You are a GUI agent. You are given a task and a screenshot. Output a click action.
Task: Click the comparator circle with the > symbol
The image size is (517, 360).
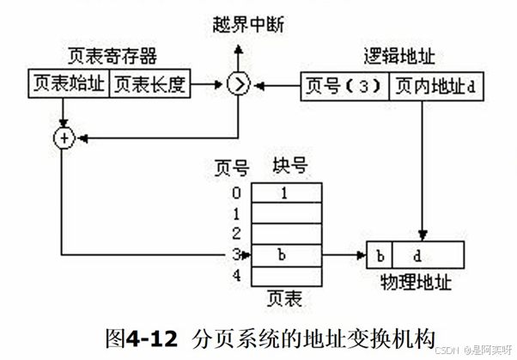pyautogui.click(x=237, y=84)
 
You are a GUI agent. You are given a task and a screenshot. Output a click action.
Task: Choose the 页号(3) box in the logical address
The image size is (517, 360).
pyautogui.click(x=345, y=85)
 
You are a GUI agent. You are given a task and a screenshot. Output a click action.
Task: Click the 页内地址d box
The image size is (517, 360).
pyautogui.click(x=428, y=85)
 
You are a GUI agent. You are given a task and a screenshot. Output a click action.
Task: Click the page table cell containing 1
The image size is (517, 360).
pyautogui.click(x=284, y=193)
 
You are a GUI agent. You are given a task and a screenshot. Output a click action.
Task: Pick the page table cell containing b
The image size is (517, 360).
pyautogui.click(x=284, y=254)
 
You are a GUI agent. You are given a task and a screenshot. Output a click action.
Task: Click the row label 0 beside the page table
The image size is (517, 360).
pyautogui.click(x=236, y=193)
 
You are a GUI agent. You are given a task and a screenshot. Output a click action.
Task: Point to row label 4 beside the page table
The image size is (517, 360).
pyautogui.click(x=236, y=275)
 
